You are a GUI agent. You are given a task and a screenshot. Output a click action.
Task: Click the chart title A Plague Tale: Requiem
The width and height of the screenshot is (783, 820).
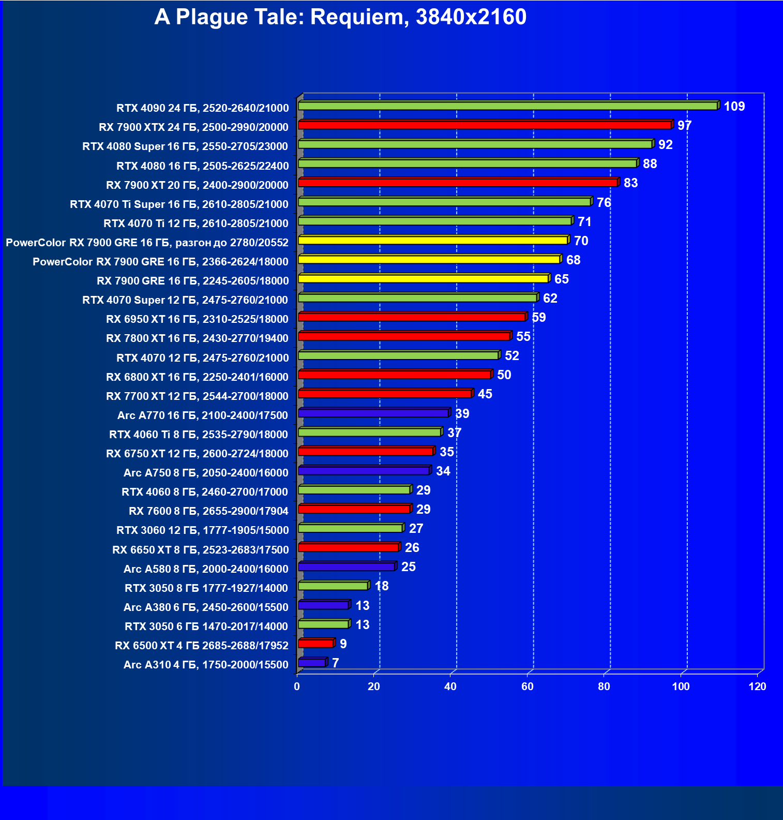click(340, 17)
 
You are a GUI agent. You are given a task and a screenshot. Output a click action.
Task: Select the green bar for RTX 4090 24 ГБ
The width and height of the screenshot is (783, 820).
click(508, 106)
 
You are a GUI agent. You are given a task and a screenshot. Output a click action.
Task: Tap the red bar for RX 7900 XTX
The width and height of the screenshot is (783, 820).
click(485, 125)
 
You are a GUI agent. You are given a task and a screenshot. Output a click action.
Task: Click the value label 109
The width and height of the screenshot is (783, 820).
click(734, 107)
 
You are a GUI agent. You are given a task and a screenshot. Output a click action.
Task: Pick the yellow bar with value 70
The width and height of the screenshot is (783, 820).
click(433, 241)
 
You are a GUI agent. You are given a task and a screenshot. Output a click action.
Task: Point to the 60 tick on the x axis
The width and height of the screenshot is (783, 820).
click(527, 687)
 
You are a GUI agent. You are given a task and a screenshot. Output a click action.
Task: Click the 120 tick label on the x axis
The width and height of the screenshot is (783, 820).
click(757, 687)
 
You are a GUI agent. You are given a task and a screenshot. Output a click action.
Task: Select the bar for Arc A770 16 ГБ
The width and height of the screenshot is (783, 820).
click(373, 413)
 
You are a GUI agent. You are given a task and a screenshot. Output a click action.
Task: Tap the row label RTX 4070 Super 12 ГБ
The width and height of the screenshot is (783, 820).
click(185, 300)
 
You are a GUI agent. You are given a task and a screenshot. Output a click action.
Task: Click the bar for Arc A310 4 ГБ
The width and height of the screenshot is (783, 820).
click(312, 663)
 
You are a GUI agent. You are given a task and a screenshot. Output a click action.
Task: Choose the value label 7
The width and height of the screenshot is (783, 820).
click(336, 663)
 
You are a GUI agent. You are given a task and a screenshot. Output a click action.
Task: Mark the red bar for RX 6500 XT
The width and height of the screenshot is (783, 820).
click(316, 644)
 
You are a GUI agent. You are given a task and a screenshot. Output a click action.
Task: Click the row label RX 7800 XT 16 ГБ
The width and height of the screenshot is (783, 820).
click(197, 338)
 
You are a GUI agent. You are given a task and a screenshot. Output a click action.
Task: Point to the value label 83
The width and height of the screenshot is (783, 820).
click(630, 183)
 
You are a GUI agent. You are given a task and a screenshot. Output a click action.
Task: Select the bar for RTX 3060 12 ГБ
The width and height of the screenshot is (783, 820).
click(350, 528)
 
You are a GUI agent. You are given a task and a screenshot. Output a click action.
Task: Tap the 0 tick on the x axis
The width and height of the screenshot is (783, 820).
click(297, 687)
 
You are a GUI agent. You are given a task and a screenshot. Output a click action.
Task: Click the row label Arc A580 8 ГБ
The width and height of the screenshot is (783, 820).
click(205, 569)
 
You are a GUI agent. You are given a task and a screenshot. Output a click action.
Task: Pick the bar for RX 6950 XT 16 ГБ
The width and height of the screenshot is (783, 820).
click(412, 317)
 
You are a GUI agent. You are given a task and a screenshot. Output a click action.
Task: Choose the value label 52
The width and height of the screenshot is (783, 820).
click(511, 356)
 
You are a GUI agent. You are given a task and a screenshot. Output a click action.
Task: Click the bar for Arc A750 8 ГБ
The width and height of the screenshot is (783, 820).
click(364, 471)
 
